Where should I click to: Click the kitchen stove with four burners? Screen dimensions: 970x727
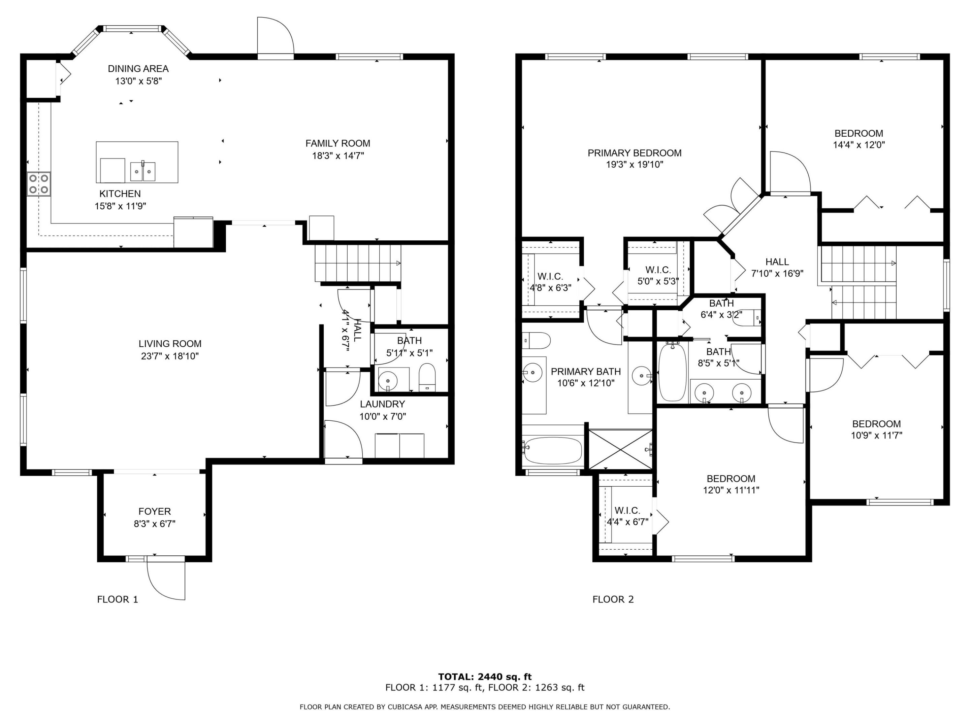tap(39, 184)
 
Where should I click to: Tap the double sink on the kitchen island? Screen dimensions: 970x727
tap(143, 171)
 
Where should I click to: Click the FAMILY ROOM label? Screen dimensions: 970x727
tap(338, 143)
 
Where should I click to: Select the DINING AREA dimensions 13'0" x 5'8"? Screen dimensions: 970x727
tap(138, 81)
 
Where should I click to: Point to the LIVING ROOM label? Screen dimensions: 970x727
tap(170, 344)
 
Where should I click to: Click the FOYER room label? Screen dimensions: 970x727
tap(155, 511)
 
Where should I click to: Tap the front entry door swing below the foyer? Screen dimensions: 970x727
tap(166, 579)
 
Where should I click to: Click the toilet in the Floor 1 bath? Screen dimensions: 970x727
tap(427, 377)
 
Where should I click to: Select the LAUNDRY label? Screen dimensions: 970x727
tap(382, 404)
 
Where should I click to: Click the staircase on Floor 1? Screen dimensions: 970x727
tap(358, 263)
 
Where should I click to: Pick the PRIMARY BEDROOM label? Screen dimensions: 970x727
tap(635, 153)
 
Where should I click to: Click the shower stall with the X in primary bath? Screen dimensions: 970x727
tap(620, 450)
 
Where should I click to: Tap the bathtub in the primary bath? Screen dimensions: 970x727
tap(553, 450)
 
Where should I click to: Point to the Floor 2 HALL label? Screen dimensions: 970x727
tap(777, 262)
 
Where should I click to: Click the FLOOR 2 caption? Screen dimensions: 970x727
tap(613, 599)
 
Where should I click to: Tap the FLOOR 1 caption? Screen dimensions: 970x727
tap(118, 599)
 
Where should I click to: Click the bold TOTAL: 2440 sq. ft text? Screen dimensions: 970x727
tap(485, 677)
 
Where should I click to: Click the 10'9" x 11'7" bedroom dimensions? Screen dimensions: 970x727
tap(877, 436)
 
